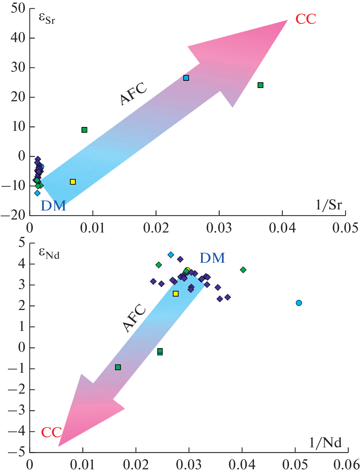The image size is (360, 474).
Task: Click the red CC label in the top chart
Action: click(x=306, y=19)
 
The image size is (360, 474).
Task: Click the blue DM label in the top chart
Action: click(x=53, y=206)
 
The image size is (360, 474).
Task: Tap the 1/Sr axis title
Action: click(x=328, y=205)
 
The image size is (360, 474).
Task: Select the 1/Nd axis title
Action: click(x=325, y=442)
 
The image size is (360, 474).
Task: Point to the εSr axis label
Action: click(x=47, y=18)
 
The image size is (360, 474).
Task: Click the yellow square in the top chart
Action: click(x=73, y=182)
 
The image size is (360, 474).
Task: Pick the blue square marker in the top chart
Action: click(x=186, y=78)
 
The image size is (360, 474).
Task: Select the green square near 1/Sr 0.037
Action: click(x=261, y=85)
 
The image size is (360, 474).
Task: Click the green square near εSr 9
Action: click(x=84, y=130)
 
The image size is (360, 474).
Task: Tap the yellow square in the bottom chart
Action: click(x=175, y=294)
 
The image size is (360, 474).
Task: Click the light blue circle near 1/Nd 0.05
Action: click(x=299, y=303)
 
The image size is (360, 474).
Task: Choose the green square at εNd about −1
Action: click(x=118, y=367)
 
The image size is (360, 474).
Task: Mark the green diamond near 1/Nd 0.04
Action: click(x=243, y=270)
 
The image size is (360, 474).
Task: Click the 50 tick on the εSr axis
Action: click(x=18, y=8)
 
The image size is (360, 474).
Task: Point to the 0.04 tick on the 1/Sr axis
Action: click(x=282, y=228)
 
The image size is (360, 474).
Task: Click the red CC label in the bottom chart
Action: click(x=51, y=432)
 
